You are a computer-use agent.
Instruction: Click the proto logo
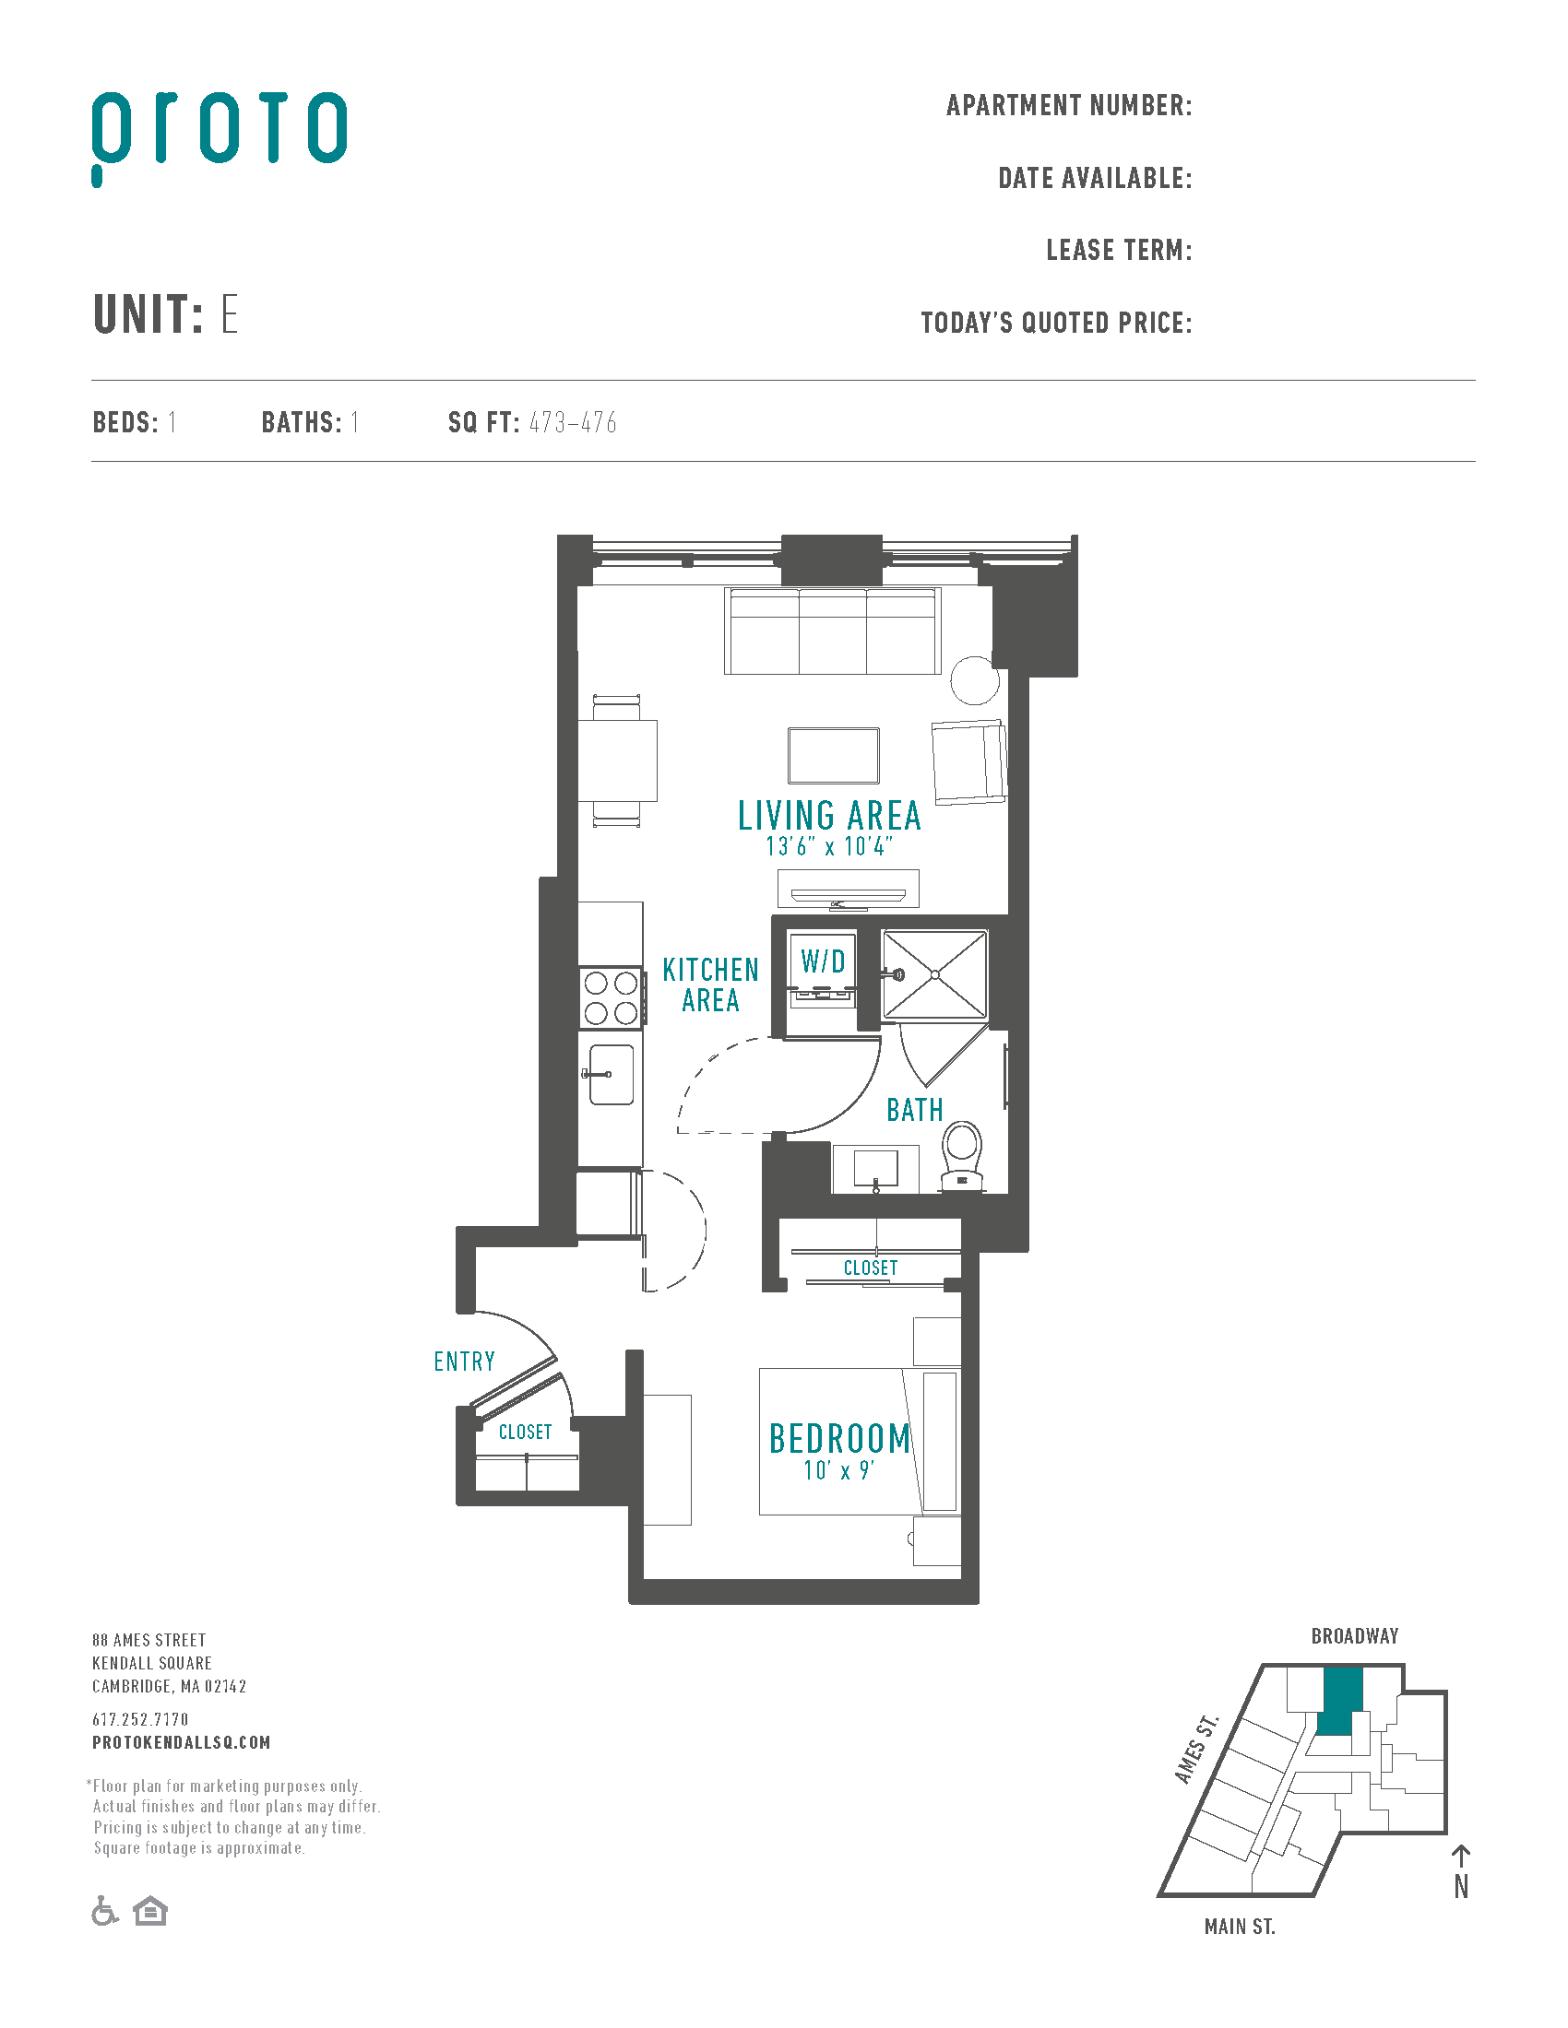tap(220, 137)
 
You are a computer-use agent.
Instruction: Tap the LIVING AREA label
tap(829, 815)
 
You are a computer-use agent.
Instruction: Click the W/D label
tap(823, 961)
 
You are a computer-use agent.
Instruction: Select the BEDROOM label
tap(839, 1438)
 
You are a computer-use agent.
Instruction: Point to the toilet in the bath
tap(962, 1156)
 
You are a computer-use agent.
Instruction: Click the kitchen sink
tap(612, 1074)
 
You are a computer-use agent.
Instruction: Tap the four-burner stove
tap(611, 997)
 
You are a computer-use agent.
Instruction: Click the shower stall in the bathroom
tap(934, 975)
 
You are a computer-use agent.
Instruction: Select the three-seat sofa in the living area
tap(832, 631)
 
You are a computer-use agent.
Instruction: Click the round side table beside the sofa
tap(974, 680)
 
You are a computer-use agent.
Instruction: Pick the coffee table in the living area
tap(833, 755)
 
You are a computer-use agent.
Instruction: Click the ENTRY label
tap(465, 1362)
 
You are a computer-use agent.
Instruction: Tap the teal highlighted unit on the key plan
tap(1339, 1701)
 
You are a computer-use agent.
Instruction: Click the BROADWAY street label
tap(1354, 1636)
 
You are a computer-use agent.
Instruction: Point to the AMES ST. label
tap(1196, 1749)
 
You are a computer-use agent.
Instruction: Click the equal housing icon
tap(150, 1911)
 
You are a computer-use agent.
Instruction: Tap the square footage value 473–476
tap(573, 423)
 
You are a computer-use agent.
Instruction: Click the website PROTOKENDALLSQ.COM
tap(181, 1743)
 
